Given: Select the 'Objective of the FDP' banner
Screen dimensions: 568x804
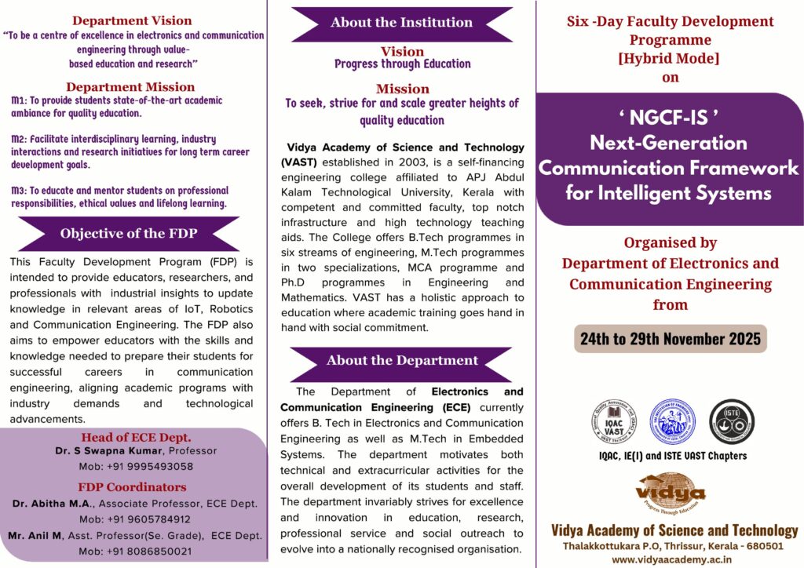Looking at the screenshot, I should pos(129,233).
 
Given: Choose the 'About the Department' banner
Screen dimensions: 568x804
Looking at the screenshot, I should pos(402,361).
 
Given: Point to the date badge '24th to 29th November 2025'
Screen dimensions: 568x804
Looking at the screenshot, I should pos(670,339).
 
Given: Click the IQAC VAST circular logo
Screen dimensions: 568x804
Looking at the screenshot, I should pos(613,422).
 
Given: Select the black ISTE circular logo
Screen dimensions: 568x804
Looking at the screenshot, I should pos(726,421).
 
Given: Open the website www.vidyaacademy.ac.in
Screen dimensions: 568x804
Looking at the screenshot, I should pos(671,559).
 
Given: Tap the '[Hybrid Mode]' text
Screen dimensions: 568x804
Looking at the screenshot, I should pos(670,57).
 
